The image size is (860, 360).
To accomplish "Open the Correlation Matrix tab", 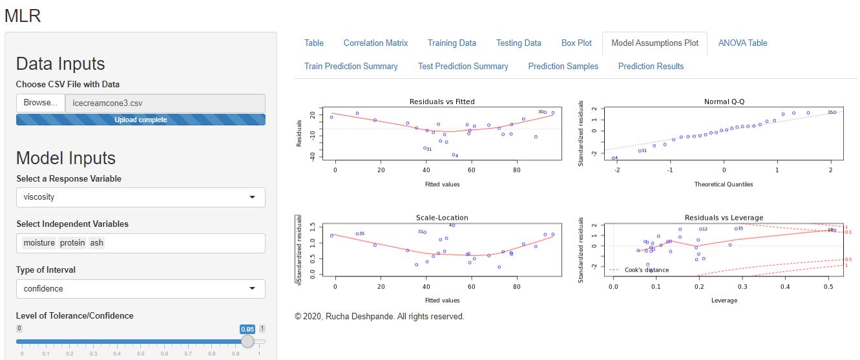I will (x=375, y=43).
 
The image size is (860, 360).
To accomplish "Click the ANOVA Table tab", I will (x=742, y=43).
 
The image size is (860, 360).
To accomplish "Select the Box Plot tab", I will (x=576, y=43).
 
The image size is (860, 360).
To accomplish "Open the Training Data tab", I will (x=452, y=43).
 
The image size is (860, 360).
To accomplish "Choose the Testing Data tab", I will (x=518, y=43).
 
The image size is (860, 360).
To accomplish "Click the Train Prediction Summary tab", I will (x=351, y=66).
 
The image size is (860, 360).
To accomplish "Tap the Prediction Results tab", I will (x=651, y=66).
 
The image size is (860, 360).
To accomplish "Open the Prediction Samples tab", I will (x=563, y=66).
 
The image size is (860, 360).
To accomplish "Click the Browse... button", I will (x=41, y=103).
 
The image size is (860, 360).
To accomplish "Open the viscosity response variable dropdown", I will (x=140, y=198).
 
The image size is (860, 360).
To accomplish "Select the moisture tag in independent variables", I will (x=39, y=243).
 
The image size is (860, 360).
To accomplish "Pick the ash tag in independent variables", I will (x=96, y=243).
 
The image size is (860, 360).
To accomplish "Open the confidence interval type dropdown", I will (x=140, y=288).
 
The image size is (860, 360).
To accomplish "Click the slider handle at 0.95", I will (x=247, y=341).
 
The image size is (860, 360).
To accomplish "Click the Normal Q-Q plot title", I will (x=724, y=101).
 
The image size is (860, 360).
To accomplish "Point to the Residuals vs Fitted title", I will (x=442, y=101).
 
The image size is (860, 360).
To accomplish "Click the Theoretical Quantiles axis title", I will (x=724, y=184).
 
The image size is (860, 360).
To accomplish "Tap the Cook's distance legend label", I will (x=647, y=270).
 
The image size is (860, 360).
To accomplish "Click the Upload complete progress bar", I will (x=140, y=120).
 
